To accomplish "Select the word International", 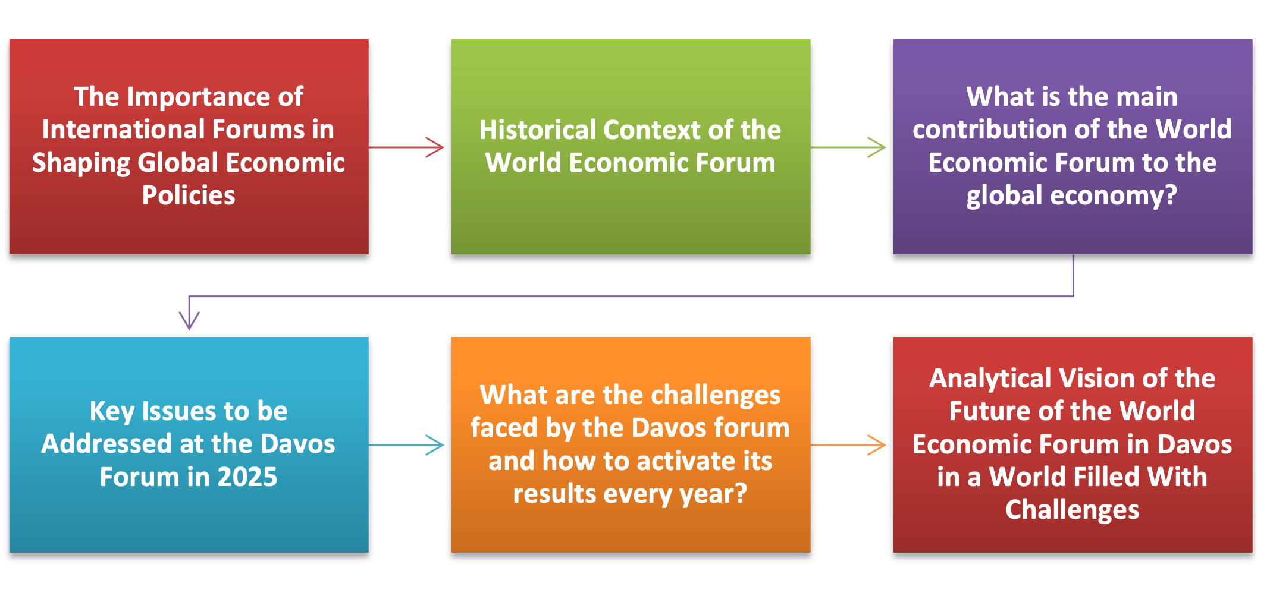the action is coord(123,130).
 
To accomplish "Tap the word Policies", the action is coord(189,195).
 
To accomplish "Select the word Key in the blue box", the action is coord(112,412).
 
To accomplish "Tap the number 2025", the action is coord(247,477).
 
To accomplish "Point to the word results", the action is coord(553,494).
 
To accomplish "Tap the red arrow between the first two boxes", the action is coord(406,147).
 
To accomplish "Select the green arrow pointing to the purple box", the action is coord(848,147).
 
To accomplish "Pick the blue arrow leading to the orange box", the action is coord(406,445).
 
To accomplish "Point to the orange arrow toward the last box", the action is coord(848,445).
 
